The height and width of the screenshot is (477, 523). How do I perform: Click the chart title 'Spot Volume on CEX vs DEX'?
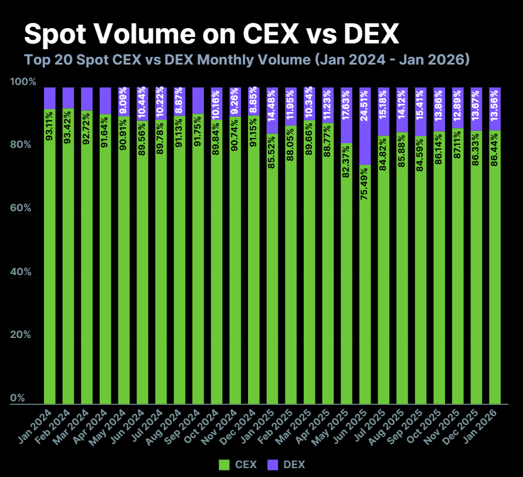point(211,35)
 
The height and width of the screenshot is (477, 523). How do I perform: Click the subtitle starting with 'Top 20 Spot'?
point(246,60)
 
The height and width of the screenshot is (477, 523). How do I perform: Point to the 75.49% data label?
point(364,186)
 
